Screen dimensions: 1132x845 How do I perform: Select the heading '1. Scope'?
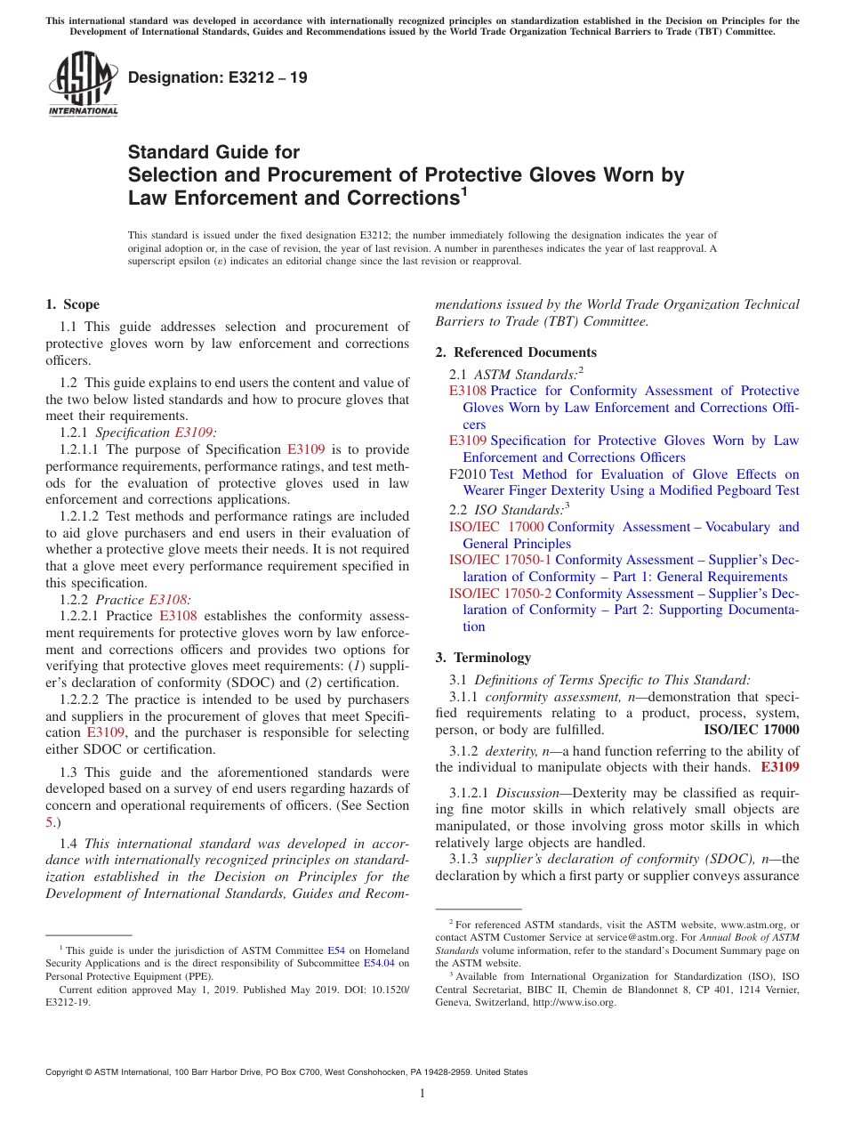[72, 304]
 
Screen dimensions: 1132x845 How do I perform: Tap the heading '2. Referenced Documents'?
[516, 352]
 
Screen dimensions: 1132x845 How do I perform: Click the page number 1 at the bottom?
[422, 1094]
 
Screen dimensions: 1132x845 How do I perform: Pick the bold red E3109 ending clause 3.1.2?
[780, 766]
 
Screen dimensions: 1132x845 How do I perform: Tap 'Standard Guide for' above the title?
[213, 152]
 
